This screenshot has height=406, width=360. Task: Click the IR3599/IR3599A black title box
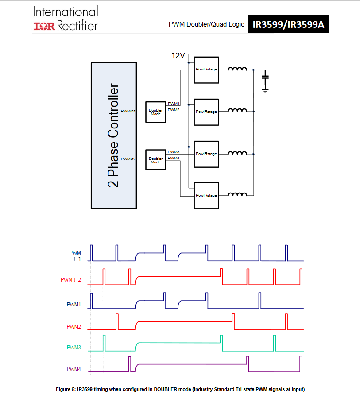(x=288, y=24)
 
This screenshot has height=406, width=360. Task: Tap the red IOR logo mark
(x=44, y=26)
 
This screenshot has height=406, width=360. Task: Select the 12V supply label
(x=178, y=55)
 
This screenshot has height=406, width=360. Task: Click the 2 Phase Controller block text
(x=114, y=135)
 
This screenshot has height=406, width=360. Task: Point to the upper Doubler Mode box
(x=155, y=112)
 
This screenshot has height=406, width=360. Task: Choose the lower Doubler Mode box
(x=155, y=160)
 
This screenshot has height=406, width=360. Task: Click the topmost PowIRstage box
(x=206, y=70)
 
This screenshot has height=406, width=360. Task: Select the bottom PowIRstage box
(x=206, y=195)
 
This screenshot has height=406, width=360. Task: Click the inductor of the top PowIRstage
(x=237, y=69)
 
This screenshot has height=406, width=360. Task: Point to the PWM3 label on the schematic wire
(x=174, y=152)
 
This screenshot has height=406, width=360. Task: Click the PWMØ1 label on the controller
(x=128, y=111)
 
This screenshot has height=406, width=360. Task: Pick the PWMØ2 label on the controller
(x=128, y=159)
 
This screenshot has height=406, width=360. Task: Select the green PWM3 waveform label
(x=74, y=347)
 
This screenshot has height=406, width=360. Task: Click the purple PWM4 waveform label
(x=74, y=369)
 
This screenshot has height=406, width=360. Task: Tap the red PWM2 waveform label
(x=74, y=326)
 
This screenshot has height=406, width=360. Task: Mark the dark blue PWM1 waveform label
(x=74, y=305)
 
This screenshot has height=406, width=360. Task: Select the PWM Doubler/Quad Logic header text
(x=206, y=24)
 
